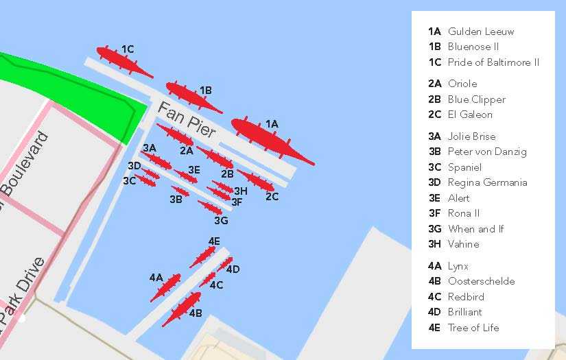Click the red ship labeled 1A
270,140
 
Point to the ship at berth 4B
182,309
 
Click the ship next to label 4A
166,287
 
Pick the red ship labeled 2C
255,181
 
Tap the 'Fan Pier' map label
187,119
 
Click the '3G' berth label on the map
221,220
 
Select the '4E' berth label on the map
214,241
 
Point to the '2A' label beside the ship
187,150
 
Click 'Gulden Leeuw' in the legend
480,32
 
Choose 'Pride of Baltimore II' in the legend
493,62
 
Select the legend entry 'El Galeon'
470,115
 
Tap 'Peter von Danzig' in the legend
487,152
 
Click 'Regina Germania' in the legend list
487,182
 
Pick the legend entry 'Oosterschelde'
481,281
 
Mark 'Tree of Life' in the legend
473,328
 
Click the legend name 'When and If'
475,229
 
